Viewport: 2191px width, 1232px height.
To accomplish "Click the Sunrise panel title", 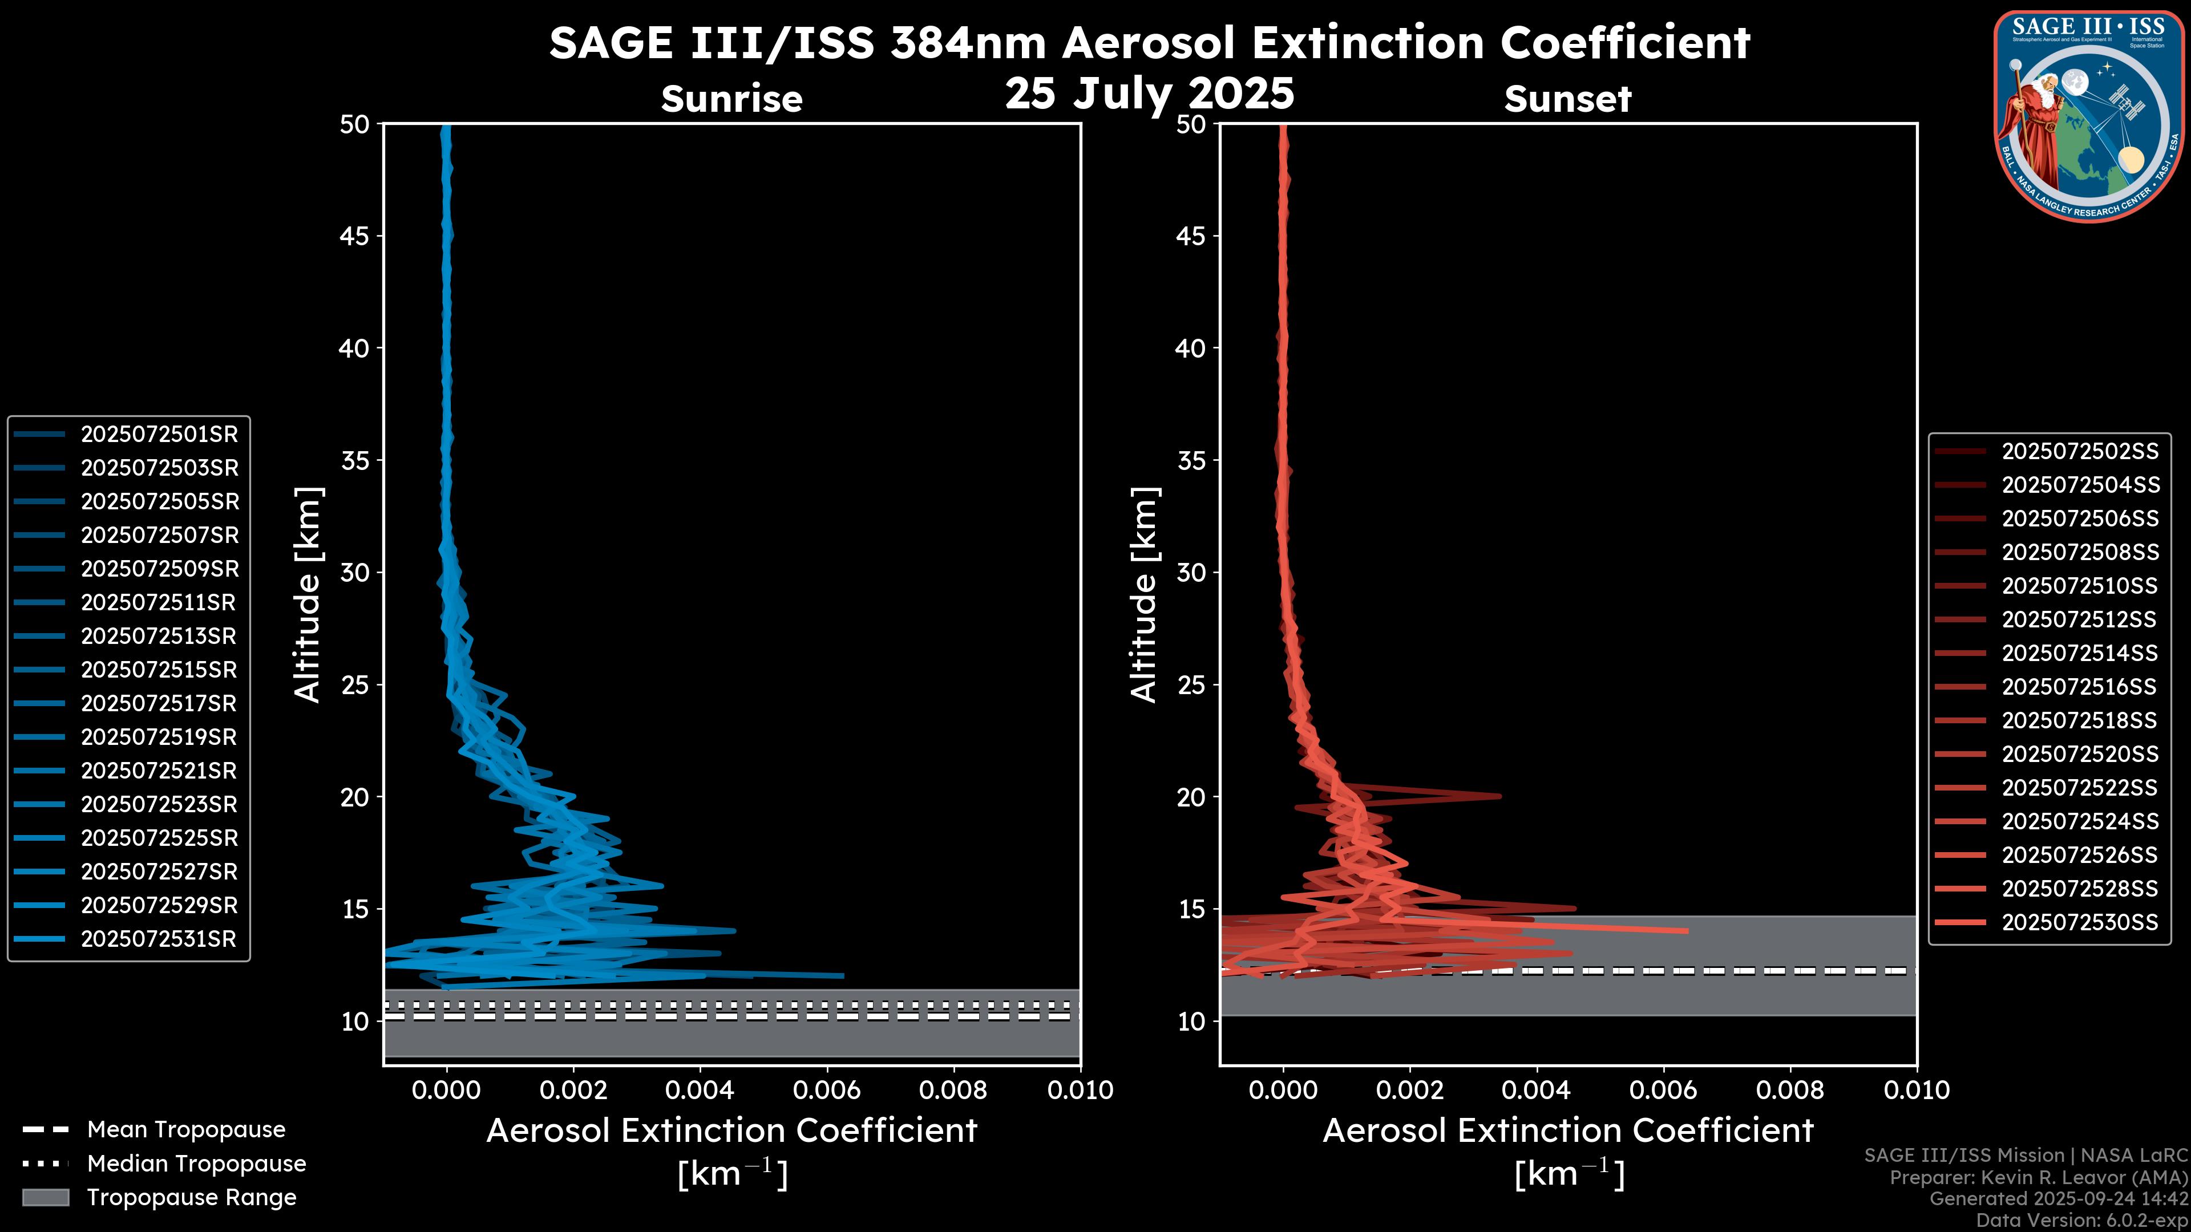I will pos(731,99).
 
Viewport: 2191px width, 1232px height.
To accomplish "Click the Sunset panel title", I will pos(1567,99).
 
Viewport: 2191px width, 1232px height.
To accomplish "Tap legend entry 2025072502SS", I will pos(2080,452).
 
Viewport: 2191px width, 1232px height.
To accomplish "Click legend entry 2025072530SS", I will pos(2080,922).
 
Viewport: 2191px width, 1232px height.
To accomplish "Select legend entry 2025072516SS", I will pos(2080,687).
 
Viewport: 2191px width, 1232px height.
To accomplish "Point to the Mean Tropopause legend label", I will pos(186,1130).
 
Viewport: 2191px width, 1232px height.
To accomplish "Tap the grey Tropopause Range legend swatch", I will pos(45,1197).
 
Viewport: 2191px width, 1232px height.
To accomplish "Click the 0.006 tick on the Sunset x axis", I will pos(1664,1090).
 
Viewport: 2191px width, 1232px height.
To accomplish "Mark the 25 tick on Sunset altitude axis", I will pos(1191,685).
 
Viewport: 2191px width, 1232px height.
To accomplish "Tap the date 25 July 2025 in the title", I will pos(1149,94).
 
